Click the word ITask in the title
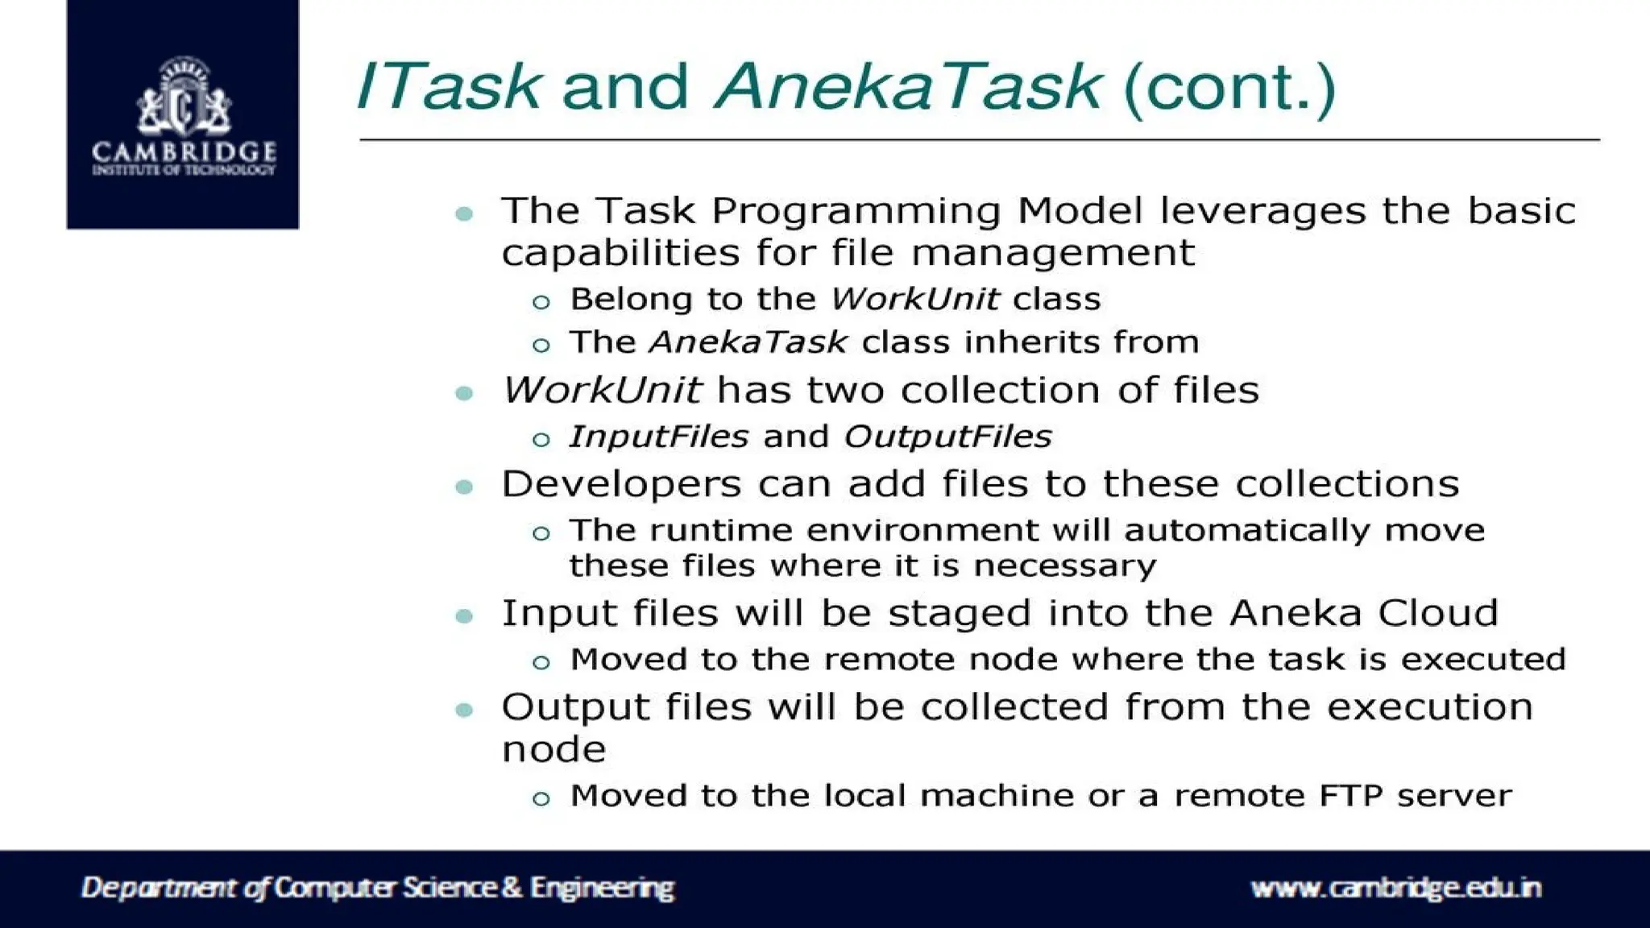coord(448,86)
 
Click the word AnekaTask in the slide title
coord(907,86)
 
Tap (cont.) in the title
coord(1229,88)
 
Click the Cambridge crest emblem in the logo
coord(184,98)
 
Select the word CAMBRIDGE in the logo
coord(184,151)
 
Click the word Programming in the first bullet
coord(855,212)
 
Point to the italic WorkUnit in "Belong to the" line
coord(914,300)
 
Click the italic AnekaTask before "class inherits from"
coord(748,342)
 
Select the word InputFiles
coord(658,437)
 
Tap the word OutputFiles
coord(947,437)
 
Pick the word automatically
coord(1246,531)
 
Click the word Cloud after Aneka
coord(1437,613)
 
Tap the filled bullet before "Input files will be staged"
coord(464,617)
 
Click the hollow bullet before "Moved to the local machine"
coord(541,799)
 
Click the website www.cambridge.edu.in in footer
coord(1395,888)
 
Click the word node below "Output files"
coord(553,750)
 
